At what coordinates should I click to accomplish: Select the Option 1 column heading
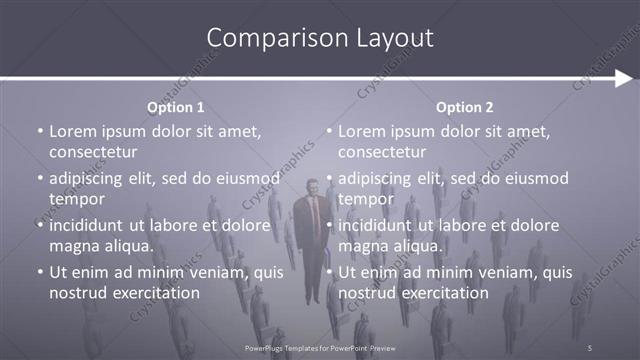[x=176, y=107]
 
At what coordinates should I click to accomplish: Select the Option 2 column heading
[x=465, y=107]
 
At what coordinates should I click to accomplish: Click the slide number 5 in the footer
[x=590, y=347]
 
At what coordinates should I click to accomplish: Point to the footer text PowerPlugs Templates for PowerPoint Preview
[x=321, y=347]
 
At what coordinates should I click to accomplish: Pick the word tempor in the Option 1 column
[x=77, y=199]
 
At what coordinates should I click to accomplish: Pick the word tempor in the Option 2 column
[x=366, y=199]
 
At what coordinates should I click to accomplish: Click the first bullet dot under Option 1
[x=39, y=131]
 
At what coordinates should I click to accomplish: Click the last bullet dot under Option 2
[x=328, y=272]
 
